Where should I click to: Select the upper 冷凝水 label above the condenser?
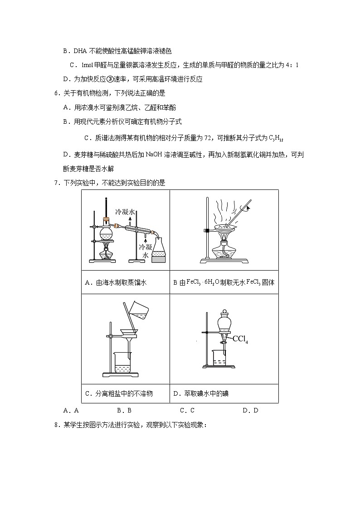[125, 212]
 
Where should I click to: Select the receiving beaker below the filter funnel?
[123, 364]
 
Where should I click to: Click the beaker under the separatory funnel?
[220, 358]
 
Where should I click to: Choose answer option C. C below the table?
[187, 411]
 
